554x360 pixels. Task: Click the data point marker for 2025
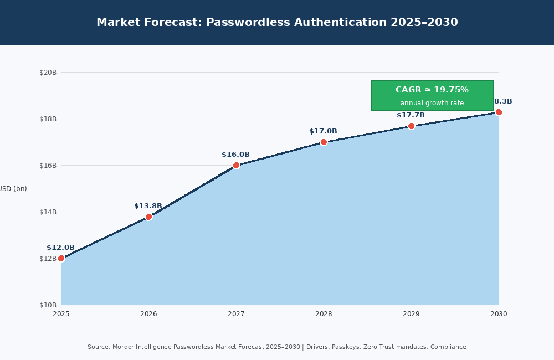61,258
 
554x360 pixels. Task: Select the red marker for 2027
236,165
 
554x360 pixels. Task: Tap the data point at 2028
324,142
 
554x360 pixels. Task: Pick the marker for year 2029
411,126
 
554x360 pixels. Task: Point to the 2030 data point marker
499,112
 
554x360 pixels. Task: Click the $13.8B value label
148,206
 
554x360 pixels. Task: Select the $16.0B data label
235,155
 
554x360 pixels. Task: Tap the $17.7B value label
411,115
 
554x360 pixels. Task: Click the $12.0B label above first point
60,248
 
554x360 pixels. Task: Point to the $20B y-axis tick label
48,73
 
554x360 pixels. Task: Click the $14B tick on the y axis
48,212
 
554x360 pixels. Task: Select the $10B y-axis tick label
48,305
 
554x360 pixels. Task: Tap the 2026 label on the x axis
148,314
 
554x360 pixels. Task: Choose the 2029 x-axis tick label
411,314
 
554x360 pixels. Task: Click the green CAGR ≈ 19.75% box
432,95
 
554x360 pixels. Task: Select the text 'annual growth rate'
432,103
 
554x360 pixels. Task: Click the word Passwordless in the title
248,23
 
